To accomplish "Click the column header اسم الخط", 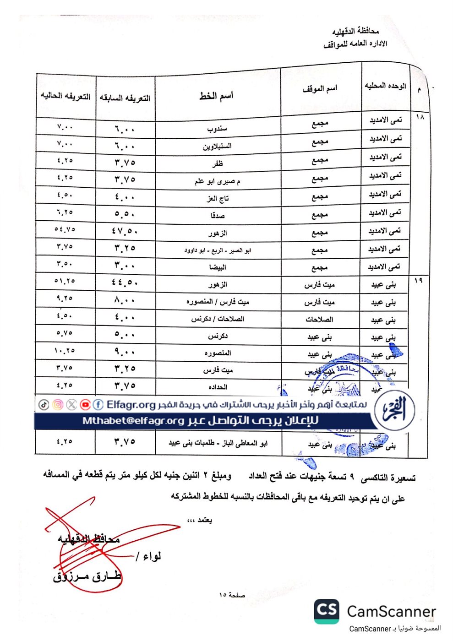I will click(x=216, y=96).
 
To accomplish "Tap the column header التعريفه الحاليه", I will click(x=65, y=96).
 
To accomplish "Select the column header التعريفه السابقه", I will click(x=125, y=98).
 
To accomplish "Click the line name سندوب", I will click(x=217, y=129).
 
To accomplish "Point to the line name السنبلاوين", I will click(x=217, y=146).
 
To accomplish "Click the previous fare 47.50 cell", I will click(x=125, y=231).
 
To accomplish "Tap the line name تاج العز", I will click(x=218, y=198).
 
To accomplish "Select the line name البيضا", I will click(x=218, y=267).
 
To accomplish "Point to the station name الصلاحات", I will click(x=319, y=320).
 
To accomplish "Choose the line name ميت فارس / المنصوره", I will click(x=218, y=302).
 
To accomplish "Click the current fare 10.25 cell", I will click(x=65, y=350).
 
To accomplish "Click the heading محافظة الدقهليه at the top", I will click(x=355, y=31).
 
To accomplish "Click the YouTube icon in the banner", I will click(x=85, y=405).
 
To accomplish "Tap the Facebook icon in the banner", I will click(x=98, y=405).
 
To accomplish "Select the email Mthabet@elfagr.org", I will click(x=133, y=421).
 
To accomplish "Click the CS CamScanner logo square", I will click(x=327, y=611).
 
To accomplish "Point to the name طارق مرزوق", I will click(x=87, y=576).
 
